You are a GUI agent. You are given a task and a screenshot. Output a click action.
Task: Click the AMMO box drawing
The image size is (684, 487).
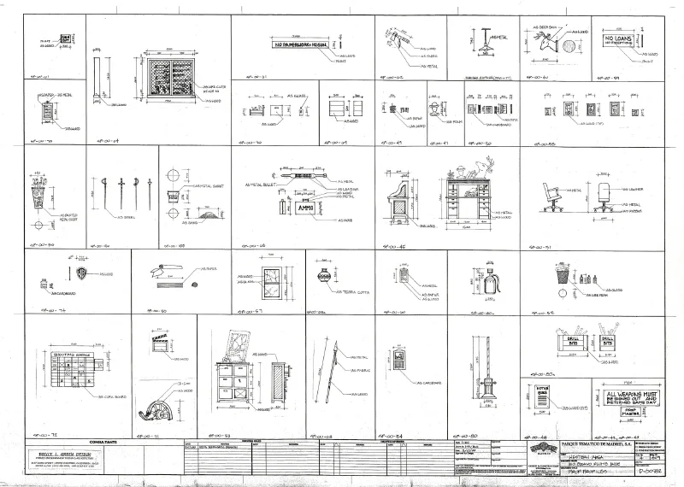coord(305,208)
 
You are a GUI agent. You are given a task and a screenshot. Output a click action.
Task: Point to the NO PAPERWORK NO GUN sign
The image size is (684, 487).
coord(299,43)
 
